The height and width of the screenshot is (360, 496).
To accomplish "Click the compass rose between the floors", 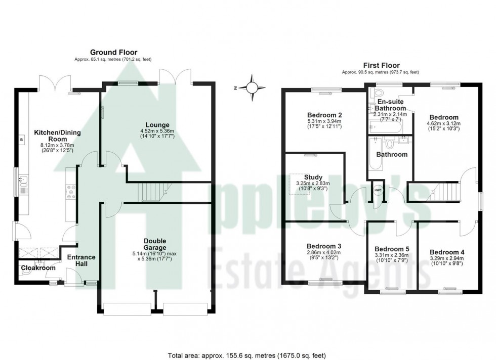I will click(x=252, y=87).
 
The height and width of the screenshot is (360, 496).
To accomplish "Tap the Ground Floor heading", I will click(x=113, y=52).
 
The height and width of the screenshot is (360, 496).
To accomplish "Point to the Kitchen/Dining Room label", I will click(x=57, y=135).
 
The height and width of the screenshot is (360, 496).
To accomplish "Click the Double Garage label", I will click(x=155, y=244).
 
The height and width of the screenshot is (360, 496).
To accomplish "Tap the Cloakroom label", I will click(x=38, y=268).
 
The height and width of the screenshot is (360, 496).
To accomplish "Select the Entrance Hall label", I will click(x=81, y=260).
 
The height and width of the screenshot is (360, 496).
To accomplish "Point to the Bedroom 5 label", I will click(x=391, y=249).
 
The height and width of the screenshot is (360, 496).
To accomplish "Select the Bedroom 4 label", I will click(x=447, y=252).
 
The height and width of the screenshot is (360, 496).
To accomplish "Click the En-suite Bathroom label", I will click(x=391, y=105).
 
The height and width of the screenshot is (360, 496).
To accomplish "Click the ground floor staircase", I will click(x=152, y=192).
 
